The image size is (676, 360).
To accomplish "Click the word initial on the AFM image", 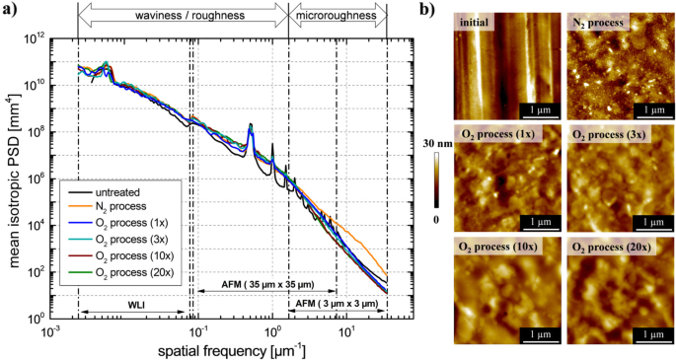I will click(475, 23).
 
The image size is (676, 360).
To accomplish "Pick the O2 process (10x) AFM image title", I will click(497, 243).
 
